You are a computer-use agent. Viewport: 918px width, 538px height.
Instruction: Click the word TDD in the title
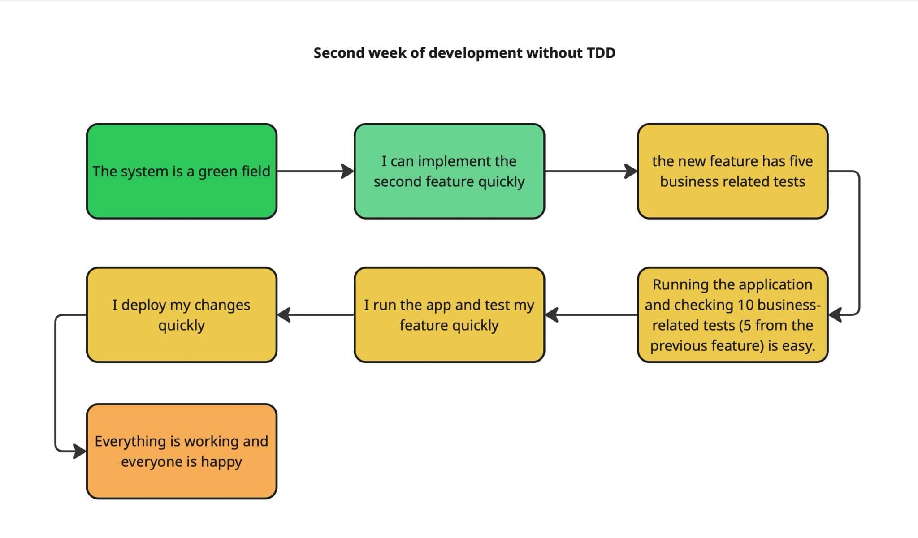(x=601, y=53)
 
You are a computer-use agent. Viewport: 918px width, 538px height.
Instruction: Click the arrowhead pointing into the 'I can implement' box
(x=347, y=171)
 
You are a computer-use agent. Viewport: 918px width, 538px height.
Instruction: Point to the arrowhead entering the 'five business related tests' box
(x=631, y=171)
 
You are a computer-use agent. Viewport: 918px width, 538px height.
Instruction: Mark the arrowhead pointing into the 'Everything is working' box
(x=79, y=451)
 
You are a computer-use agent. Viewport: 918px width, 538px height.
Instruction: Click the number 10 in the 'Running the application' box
(x=745, y=305)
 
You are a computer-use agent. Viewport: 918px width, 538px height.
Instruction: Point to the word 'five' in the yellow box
(x=801, y=161)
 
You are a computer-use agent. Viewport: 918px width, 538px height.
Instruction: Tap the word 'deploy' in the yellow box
(x=144, y=305)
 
